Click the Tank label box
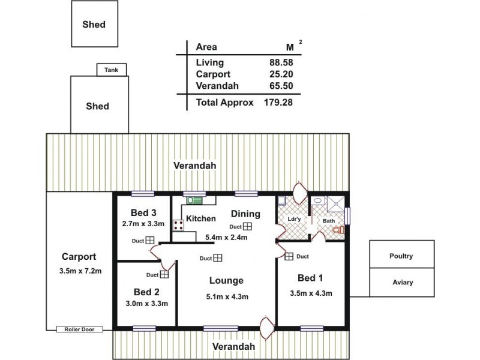(112, 70)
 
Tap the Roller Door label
(80, 329)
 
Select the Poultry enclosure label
(401, 256)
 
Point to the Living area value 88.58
(281, 62)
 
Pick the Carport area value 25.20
(281, 74)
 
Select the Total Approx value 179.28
(278, 103)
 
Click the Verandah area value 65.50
(281, 86)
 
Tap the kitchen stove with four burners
(178, 226)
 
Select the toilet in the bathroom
(338, 230)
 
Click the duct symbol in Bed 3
(149, 241)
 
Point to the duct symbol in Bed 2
(164, 274)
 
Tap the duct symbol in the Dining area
(247, 226)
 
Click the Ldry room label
(294, 219)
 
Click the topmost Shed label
(94, 25)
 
